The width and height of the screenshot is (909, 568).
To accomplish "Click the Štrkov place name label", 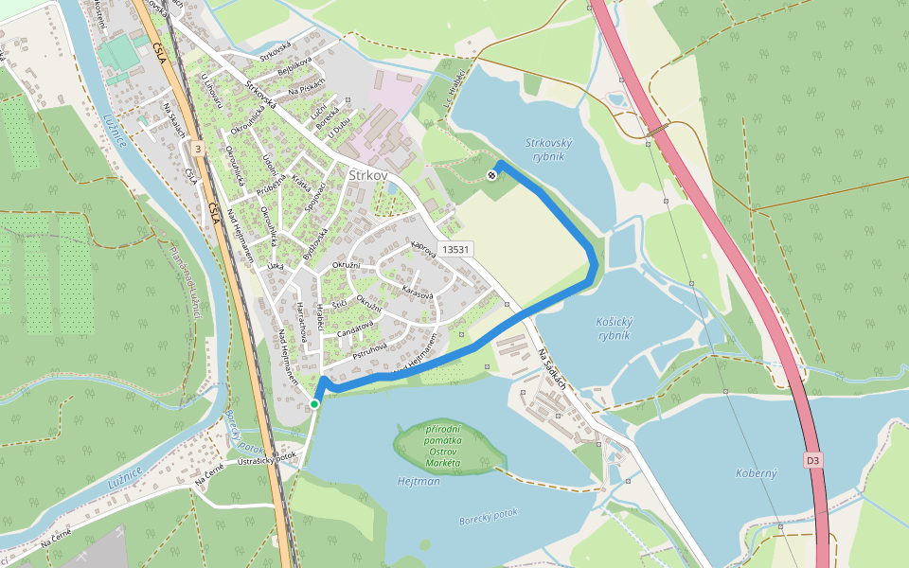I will (x=369, y=176).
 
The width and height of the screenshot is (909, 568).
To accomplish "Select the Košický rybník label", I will (x=615, y=328).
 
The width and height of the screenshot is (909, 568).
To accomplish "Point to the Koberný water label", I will (x=756, y=472).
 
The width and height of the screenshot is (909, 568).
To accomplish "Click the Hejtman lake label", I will (x=419, y=482).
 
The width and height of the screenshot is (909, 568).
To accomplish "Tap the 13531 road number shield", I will (x=456, y=249).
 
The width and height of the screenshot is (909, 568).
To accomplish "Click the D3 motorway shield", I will (x=812, y=461).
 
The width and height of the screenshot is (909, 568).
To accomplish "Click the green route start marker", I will (x=314, y=404).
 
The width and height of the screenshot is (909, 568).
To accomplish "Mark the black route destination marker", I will (x=491, y=175).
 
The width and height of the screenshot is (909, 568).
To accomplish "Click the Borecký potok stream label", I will (x=489, y=514).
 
